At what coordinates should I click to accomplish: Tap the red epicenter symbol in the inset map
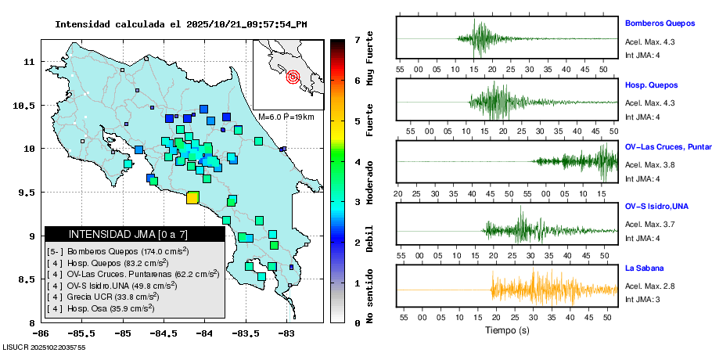(x=293, y=77)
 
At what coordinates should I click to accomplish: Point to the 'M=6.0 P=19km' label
(x=286, y=117)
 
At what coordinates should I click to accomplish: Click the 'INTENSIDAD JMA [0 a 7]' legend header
(x=128, y=234)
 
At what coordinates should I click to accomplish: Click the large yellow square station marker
(x=192, y=198)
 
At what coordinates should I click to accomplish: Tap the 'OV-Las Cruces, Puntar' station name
(x=667, y=146)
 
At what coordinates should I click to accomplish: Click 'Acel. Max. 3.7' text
(x=649, y=225)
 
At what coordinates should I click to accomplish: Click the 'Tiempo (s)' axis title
(x=507, y=331)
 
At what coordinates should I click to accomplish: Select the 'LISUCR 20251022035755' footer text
(x=44, y=347)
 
